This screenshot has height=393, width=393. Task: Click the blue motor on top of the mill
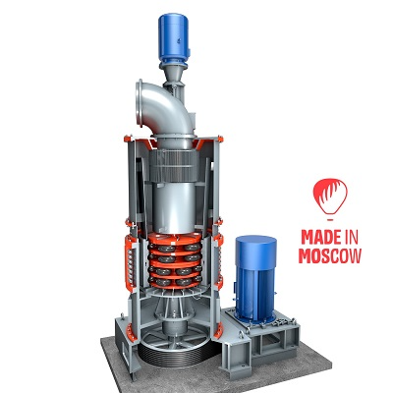tap(174, 37)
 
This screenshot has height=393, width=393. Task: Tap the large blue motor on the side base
tap(255, 278)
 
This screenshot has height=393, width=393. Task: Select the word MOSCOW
tap(330, 256)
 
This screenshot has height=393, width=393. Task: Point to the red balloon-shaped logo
tap(330, 196)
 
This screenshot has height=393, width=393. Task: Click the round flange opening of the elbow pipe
tap(140, 102)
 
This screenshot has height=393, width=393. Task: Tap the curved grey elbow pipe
tap(165, 108)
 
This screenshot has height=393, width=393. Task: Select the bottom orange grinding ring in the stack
tap(174, 282)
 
